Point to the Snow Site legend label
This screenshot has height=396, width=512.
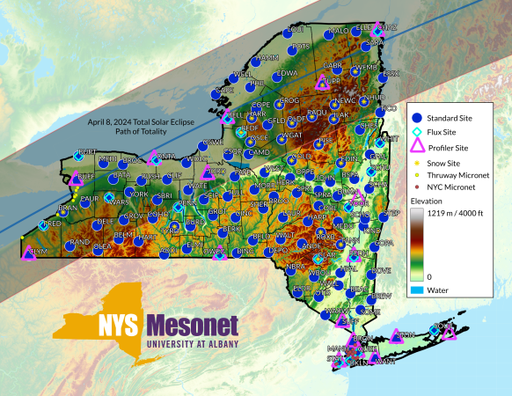pos(445,163)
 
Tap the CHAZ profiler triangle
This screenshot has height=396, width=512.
pos(379,28)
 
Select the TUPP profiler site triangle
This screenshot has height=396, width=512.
pos(322,84)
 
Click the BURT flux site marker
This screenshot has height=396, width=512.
pos(77,157)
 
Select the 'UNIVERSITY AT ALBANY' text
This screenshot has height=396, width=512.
pos(193,344)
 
